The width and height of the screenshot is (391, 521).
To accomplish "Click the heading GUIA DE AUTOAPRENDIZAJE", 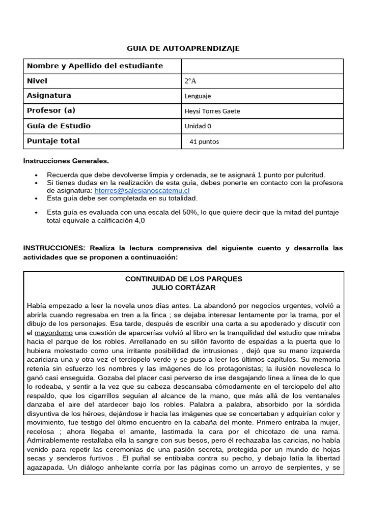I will tap(183, 48).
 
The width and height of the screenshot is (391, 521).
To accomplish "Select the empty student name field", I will tap(262, 66).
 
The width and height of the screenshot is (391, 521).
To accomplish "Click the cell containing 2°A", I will tap(190, 81).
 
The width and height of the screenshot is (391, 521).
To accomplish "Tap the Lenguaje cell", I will tap(198, 96).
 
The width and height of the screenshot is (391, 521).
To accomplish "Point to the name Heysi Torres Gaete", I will tap(211, 111).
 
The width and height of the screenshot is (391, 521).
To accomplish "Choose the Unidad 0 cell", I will tap(198, 126).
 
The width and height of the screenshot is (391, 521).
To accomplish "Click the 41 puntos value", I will tap(204, 141).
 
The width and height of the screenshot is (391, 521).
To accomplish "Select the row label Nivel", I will tap(37, 81).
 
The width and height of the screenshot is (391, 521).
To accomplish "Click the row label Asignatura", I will tap(49, 96).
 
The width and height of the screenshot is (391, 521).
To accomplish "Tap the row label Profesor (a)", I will tap(51, 110).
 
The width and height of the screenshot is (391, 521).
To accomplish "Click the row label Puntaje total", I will tap(53, 141).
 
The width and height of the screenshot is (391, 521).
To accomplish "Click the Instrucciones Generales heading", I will tap(66, 161).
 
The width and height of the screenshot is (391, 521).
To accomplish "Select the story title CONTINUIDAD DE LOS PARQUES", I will tap(183, 279).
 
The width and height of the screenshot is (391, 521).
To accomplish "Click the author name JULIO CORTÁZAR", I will tap(183, 287).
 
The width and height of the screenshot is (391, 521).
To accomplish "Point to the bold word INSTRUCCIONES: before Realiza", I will tap(54, 248).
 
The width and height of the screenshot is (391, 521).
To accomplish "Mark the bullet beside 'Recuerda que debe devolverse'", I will tap(37, 175).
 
